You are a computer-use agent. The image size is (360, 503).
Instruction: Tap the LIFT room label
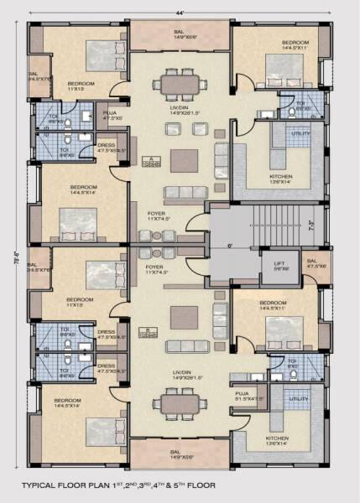(279, 266)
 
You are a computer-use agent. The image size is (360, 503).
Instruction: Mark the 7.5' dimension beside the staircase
(311, 225)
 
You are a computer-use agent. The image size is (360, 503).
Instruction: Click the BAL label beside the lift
(313, 265)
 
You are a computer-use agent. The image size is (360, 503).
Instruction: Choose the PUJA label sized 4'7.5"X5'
(109, 114)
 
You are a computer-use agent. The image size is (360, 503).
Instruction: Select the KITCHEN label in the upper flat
(280, 179)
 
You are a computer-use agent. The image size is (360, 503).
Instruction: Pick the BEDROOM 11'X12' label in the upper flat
(81, 86)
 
